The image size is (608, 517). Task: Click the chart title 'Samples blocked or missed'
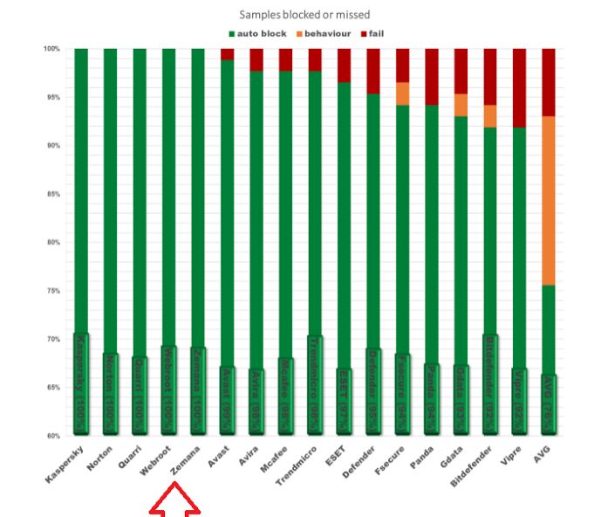304,15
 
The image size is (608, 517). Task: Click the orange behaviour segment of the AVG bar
549,200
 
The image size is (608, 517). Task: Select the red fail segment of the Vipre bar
519,87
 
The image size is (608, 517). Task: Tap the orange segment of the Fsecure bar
402,93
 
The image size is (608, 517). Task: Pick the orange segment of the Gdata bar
461,105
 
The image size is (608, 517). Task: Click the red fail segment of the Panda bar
432,76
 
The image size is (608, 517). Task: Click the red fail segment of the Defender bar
373,71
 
